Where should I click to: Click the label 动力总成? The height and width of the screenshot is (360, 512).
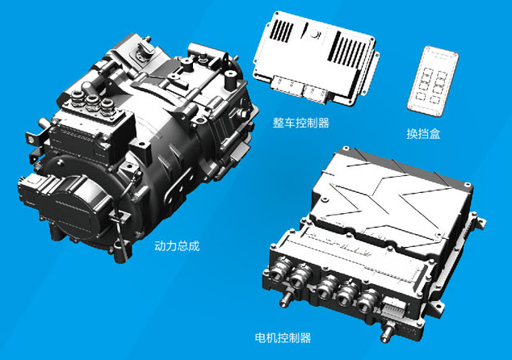coord(177,245)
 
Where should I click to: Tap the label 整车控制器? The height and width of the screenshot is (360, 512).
coord(300,123)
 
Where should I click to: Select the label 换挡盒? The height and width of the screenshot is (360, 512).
coord(423,133)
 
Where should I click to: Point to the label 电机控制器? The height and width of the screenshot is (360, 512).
coord(283,337)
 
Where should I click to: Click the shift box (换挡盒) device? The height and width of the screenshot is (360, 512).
coord(433,81)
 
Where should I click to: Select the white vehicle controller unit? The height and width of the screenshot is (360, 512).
coord(315,59)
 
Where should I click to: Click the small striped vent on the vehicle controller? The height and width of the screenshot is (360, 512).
coord(282,31)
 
